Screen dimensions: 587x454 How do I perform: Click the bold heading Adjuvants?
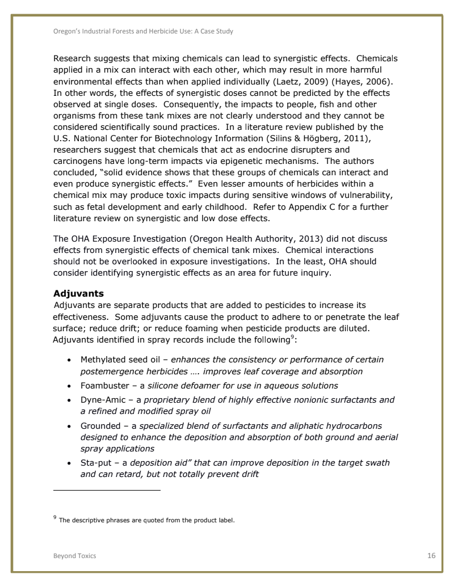[78, 293]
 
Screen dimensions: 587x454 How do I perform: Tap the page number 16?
[431, 555]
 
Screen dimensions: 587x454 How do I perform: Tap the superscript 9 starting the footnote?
[55, 517]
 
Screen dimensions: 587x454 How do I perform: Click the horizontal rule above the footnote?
[107, 490]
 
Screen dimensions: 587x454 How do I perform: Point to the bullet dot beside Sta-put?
[69, 463]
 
